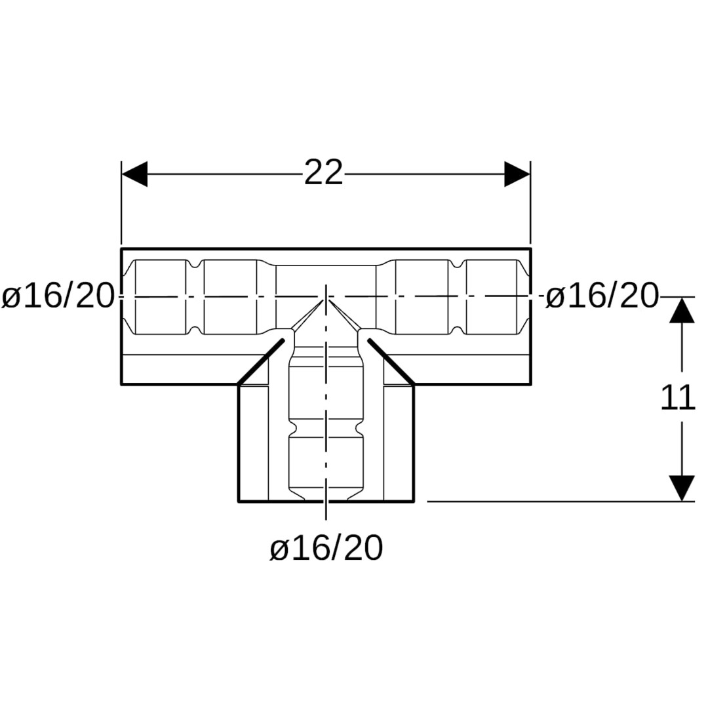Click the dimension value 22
tap(324, 172)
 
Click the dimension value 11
tap(678, 398)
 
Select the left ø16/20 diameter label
tap(57, 296)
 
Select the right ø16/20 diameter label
tap(602, 296)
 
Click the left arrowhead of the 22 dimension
tap(134, 173)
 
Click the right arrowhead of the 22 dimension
tap(517, 173)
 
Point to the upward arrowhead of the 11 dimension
tap(681, 309)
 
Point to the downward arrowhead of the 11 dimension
tap(681, 488)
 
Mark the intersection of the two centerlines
tap(326, 297)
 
